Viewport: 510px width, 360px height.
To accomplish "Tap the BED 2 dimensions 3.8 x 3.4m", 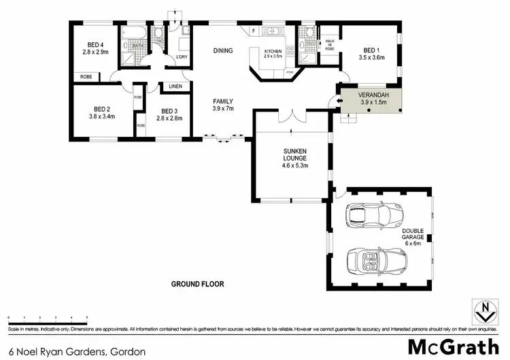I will (102, 116).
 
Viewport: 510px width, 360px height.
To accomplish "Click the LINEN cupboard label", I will (175, 86).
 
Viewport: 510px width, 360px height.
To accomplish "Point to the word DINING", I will (223, 50).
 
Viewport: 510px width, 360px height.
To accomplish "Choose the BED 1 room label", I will (371, 50).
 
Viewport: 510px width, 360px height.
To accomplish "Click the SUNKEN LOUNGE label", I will (291, 156).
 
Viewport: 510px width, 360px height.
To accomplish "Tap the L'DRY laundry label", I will (182, 57).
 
